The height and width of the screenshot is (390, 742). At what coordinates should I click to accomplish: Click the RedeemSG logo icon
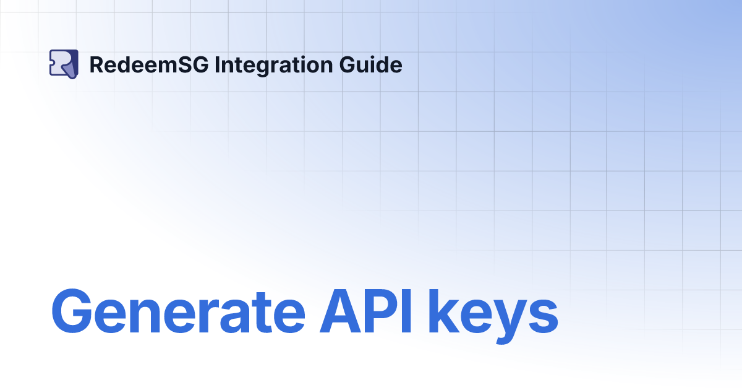[63, 64]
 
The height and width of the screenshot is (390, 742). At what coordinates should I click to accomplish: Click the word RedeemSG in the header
[148, 64]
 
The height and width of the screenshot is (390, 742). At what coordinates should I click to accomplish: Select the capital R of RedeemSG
[96, 64]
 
